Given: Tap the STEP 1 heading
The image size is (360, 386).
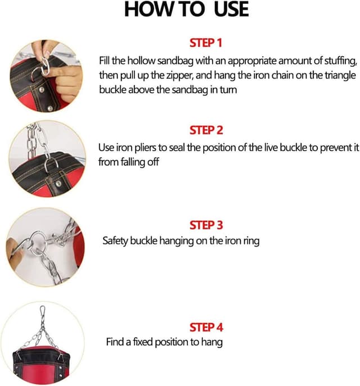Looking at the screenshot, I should pos(206,42).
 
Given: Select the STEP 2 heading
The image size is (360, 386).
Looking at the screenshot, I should pos(206,130).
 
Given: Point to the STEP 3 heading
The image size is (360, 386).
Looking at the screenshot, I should pos(206,225).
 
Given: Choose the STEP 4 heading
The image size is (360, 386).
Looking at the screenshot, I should pos(206,327).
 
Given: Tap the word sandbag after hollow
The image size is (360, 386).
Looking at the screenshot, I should pos(166,61).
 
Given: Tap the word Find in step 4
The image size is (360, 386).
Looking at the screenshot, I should pos(115,342).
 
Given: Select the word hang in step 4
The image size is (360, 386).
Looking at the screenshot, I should pos(213,342).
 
